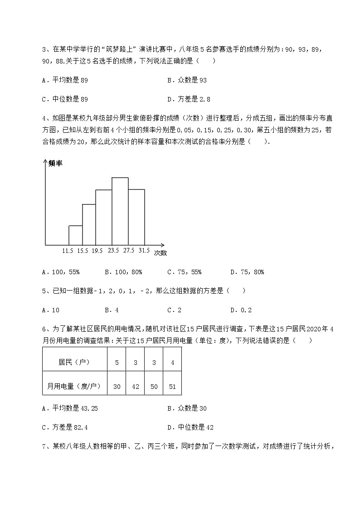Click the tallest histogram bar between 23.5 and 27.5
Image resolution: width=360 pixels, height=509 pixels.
click(x=120, y=211)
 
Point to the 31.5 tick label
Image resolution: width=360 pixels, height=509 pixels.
click(x=144, y=250)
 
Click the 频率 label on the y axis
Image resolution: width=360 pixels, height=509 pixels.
click(x=55, y=164)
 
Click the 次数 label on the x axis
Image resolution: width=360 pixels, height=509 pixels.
click(x=160, y=252)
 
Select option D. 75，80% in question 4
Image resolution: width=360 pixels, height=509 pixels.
click(x=247, y=272)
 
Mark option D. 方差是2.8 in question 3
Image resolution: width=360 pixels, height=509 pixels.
click(x=189, y=99)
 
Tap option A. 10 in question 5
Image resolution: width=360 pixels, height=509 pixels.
click(x=51, y=310)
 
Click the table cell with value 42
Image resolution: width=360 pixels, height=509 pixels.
click(x=135, y=386)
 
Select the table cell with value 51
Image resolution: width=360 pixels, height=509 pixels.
click(x=172, y=386)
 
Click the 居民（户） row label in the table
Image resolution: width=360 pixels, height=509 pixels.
click(x=74, y=362)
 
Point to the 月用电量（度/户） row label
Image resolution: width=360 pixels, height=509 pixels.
click(x=74, y=386)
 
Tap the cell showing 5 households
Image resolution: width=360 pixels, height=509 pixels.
click(x=117, y=362)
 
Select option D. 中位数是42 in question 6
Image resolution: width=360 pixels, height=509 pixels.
click(x=190, y=427)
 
